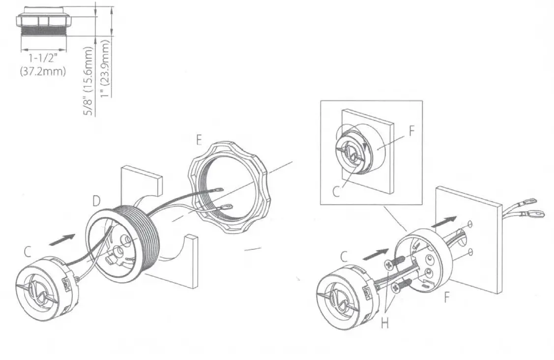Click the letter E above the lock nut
(199, 141)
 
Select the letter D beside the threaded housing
(97, 201)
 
